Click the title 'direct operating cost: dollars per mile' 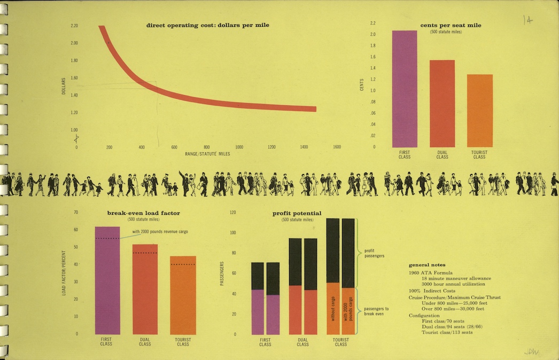click(x=207, y=25)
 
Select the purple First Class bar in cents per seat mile click(x=405, y=89)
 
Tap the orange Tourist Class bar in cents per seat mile click(x=479, y=111)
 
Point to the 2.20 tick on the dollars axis click(x=74, y=26)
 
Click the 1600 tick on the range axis click(x=337, y=147)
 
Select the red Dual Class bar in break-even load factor click(x=145, y=289)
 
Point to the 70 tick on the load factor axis click(x=76, y=213)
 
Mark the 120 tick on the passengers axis click(x=232, y=213)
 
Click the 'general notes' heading click(x=427, y=265)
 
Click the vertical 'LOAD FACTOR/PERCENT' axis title click(x=63, y=276)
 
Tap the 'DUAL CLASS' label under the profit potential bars click(x=302, y=342)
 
